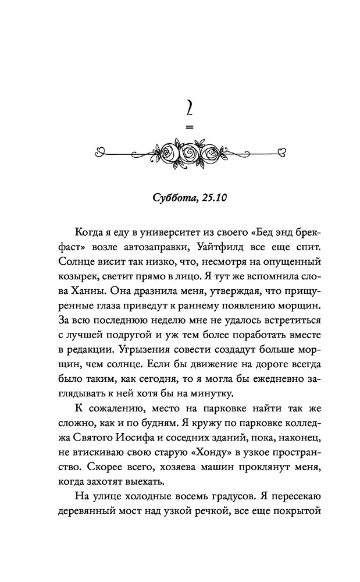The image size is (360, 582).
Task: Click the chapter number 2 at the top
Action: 188,109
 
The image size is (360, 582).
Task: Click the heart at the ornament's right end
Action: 281,152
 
